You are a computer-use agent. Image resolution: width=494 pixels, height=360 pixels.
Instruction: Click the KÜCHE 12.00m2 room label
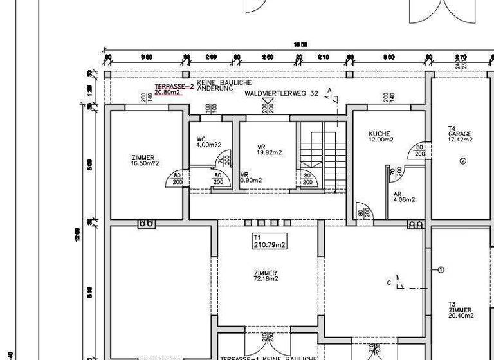tap(380, 136)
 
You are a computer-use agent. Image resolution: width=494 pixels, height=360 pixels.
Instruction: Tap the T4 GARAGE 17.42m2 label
tap(460, 134)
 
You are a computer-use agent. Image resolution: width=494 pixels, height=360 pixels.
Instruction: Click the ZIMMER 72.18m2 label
tap(265, 276)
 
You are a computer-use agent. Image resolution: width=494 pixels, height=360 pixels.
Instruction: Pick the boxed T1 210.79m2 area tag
tap(270, 241)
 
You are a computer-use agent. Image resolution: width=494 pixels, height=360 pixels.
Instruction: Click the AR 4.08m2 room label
tap(404, 196)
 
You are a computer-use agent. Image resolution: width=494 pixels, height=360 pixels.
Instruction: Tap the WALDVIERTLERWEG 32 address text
tap(281, 94)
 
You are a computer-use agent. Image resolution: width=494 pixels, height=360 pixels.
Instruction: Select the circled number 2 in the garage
tap(462, 161)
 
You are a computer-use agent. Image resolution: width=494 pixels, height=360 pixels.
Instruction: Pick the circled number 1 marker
tap(441, 270)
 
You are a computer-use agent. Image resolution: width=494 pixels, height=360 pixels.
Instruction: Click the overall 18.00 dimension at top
tap(300, 44)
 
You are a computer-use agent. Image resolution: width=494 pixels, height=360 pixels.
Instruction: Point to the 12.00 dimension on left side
tap(77, 231)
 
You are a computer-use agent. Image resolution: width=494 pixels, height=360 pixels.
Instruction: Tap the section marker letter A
tap(329, 90)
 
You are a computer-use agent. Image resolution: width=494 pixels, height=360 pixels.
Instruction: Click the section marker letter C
tap(389, 282)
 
